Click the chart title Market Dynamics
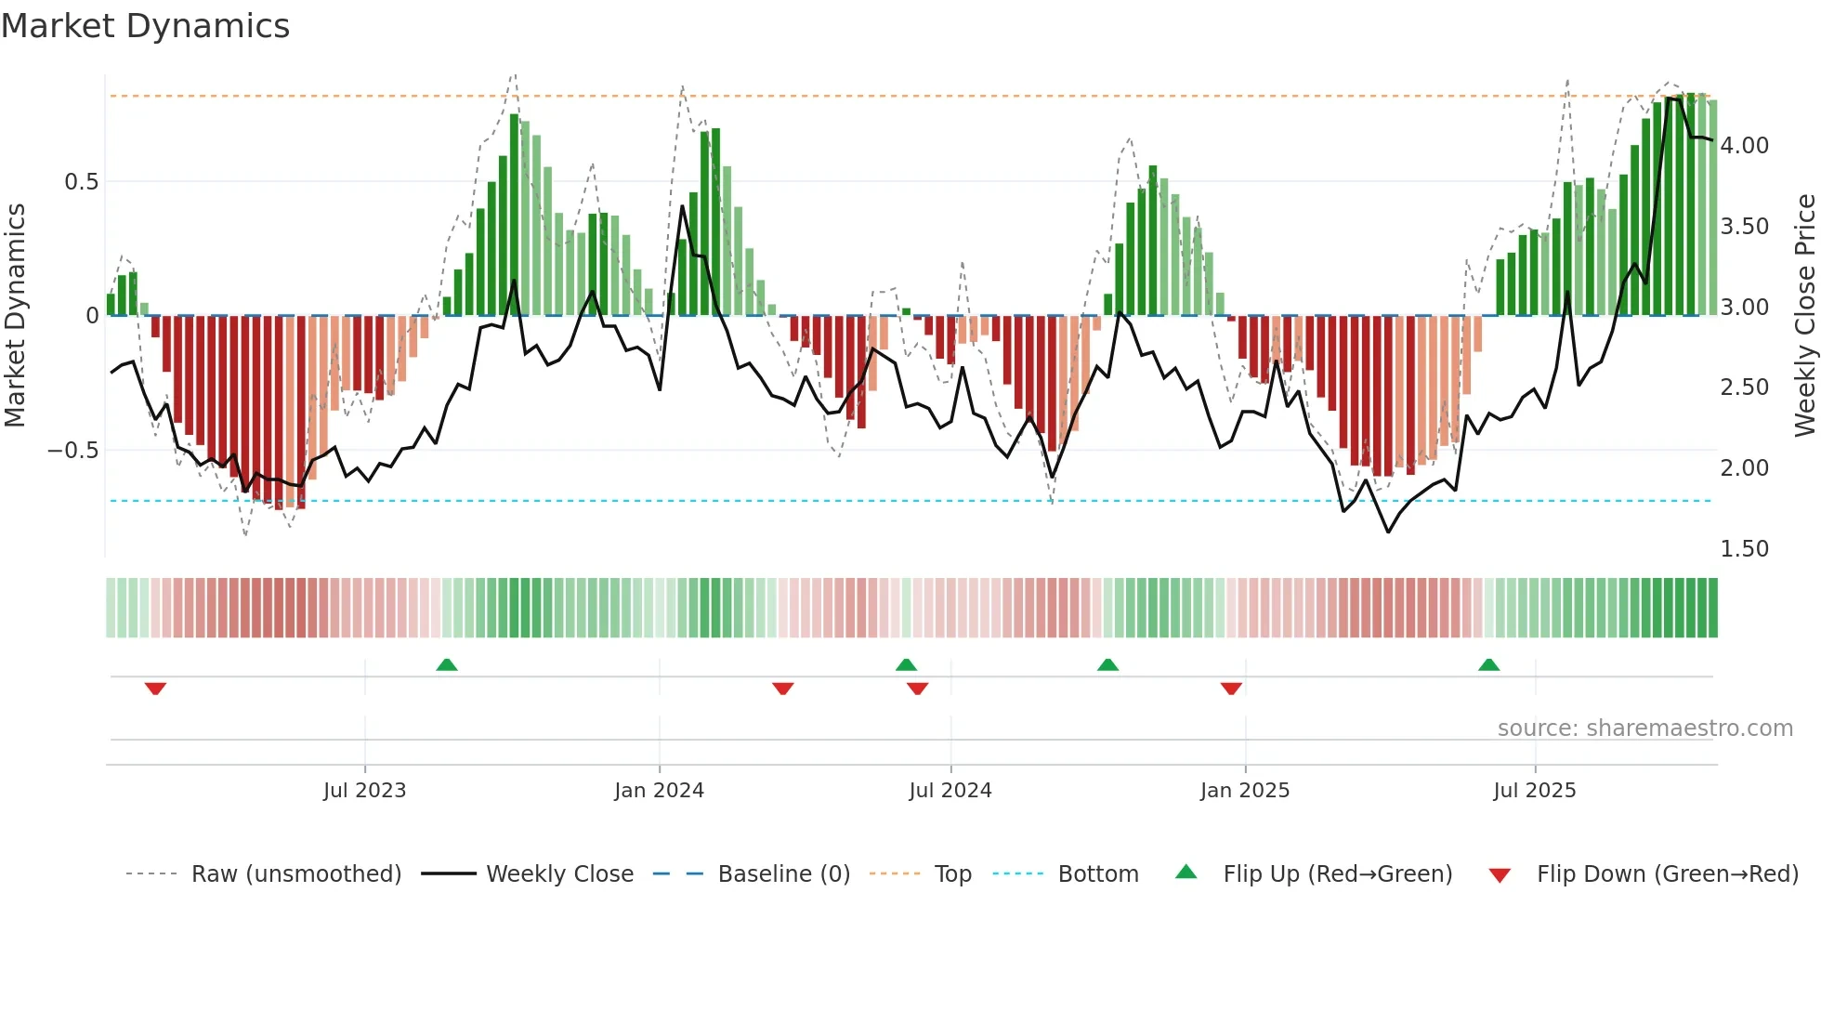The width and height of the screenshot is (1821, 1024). (145, 26)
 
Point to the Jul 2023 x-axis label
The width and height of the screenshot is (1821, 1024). (364, 791)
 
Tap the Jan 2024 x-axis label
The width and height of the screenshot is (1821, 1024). (659, 791)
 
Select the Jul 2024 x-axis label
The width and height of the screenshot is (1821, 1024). (950, 791)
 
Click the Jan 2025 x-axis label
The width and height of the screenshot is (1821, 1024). (1244, 791)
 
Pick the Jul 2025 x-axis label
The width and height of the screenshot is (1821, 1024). (1534, 791)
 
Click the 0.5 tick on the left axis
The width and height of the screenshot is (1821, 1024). (81, 182)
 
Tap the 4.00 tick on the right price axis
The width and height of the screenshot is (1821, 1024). (1744, 146)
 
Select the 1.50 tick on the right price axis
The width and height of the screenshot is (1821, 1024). (1744, 549)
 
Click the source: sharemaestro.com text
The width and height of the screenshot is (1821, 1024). (1644, 729)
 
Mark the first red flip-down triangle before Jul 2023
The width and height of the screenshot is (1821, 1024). (155, 688)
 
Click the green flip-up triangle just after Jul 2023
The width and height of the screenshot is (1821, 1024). (447, 664)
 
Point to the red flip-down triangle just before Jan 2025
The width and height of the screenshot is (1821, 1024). (1231, 688)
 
